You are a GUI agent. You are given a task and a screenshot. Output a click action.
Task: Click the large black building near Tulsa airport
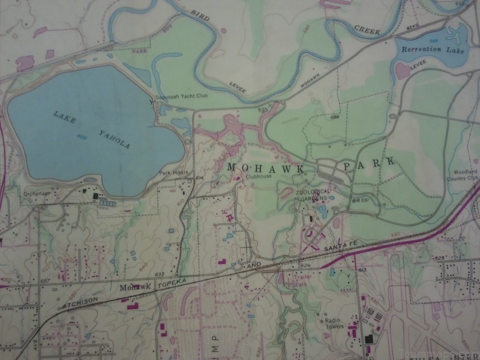click(368, 340)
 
